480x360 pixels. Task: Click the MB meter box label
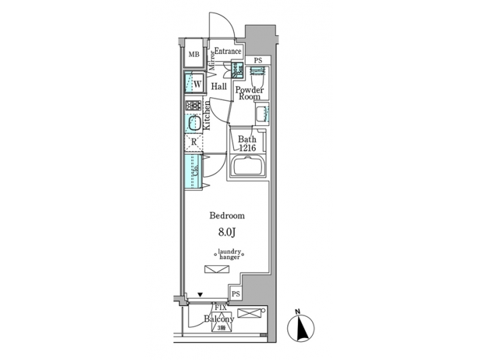point(193,55)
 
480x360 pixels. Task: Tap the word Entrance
point(227,51)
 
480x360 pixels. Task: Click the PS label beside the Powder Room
point(258,61)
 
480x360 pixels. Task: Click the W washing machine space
point(194,84)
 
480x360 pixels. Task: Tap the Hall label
point(219,87)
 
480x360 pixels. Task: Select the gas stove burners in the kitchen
point(193,105)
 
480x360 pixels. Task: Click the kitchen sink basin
point(193,124)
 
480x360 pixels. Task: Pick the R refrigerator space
point(193,141)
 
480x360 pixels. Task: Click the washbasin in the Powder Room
point(261,113)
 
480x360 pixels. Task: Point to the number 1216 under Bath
point(246,147)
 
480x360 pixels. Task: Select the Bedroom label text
point(227,216)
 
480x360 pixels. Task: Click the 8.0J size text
point(227,233)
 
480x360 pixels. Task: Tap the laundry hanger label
point(229,254)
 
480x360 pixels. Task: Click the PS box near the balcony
point(235,294)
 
